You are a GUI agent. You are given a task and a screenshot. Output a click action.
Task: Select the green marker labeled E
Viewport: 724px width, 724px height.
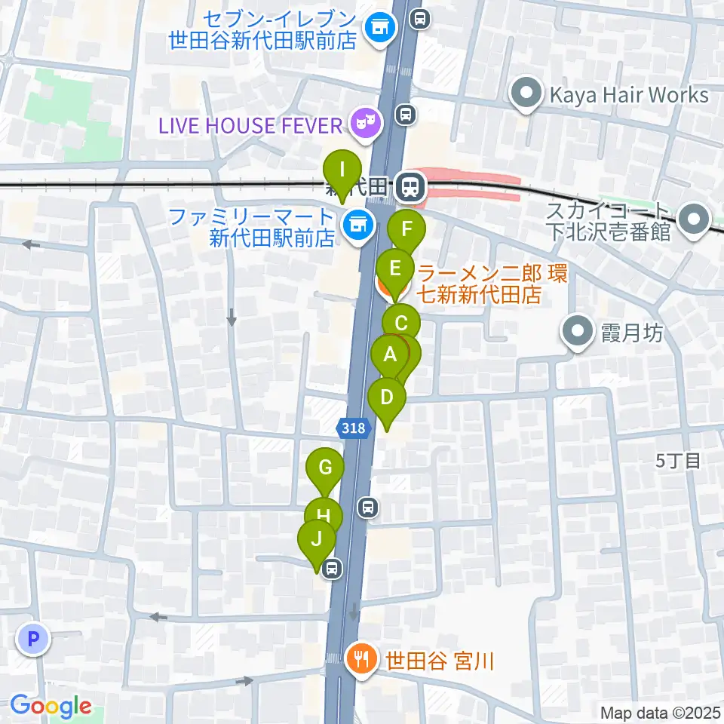coord(394,268)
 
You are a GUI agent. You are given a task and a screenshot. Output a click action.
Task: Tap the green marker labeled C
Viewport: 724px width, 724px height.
coord(401,326)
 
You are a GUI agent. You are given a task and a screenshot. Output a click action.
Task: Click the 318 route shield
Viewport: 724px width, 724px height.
coord(353,428)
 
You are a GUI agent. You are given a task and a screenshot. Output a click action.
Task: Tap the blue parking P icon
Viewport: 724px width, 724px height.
coord(32,640)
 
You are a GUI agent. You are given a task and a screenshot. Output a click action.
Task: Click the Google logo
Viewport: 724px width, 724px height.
coord(51,707)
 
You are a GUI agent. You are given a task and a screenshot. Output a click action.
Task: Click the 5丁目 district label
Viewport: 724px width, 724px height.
coord(679,461)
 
